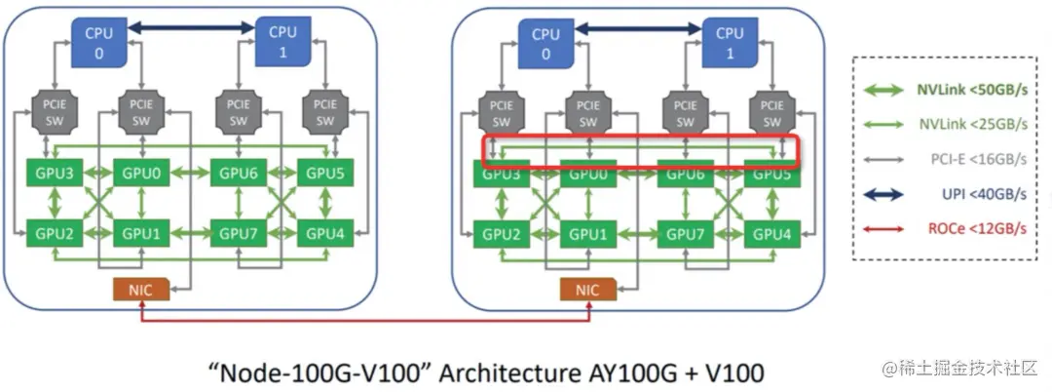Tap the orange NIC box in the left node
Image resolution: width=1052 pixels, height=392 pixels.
tap(141, 289)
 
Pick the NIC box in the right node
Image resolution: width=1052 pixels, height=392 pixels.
tap(587, 289)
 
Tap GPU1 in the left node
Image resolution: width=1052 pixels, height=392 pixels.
tap(141, 234)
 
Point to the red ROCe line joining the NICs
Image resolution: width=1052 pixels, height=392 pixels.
tap(365, 318)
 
